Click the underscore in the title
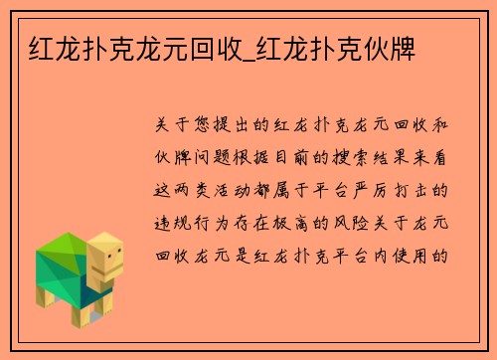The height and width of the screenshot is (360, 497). point(246,47)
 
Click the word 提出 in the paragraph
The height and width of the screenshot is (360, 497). point(244,125)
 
